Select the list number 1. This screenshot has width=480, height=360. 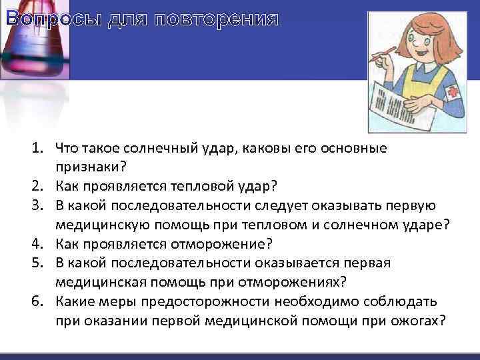[x=37, y=147]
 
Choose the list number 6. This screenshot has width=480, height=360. [x=37, y=301]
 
